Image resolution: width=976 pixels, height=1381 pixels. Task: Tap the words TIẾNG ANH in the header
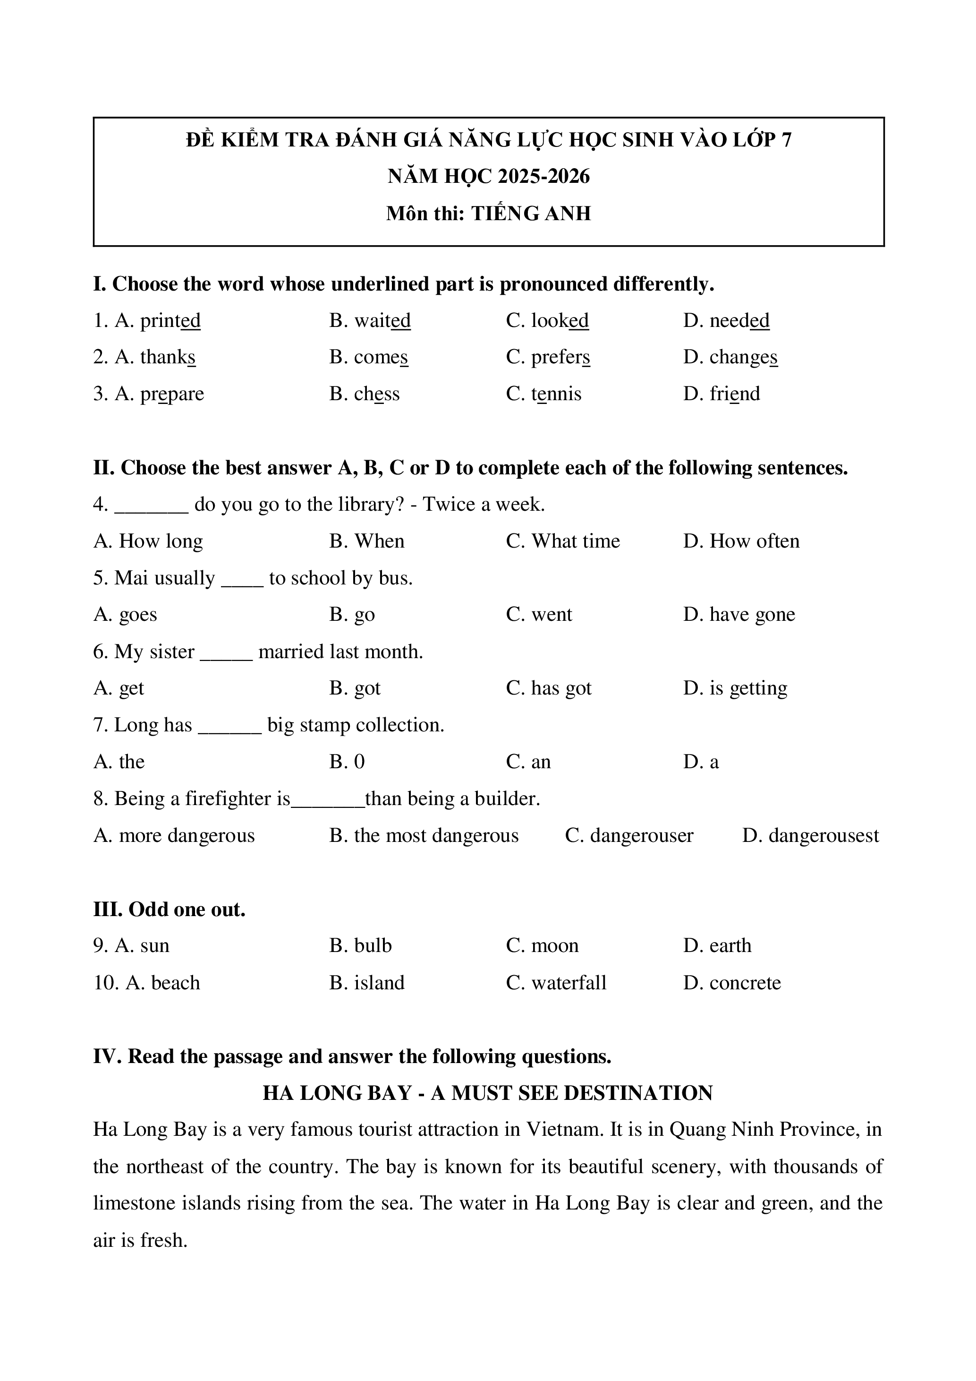531,214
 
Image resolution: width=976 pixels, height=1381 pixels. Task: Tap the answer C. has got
548,688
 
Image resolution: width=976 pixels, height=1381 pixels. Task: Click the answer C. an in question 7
528,762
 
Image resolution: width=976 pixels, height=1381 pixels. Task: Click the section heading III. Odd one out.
169,909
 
